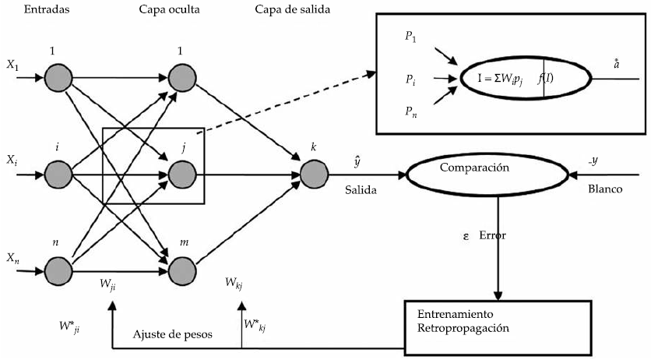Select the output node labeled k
[312, 171]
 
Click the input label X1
[12, 67]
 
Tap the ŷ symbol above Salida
[357, 160]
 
